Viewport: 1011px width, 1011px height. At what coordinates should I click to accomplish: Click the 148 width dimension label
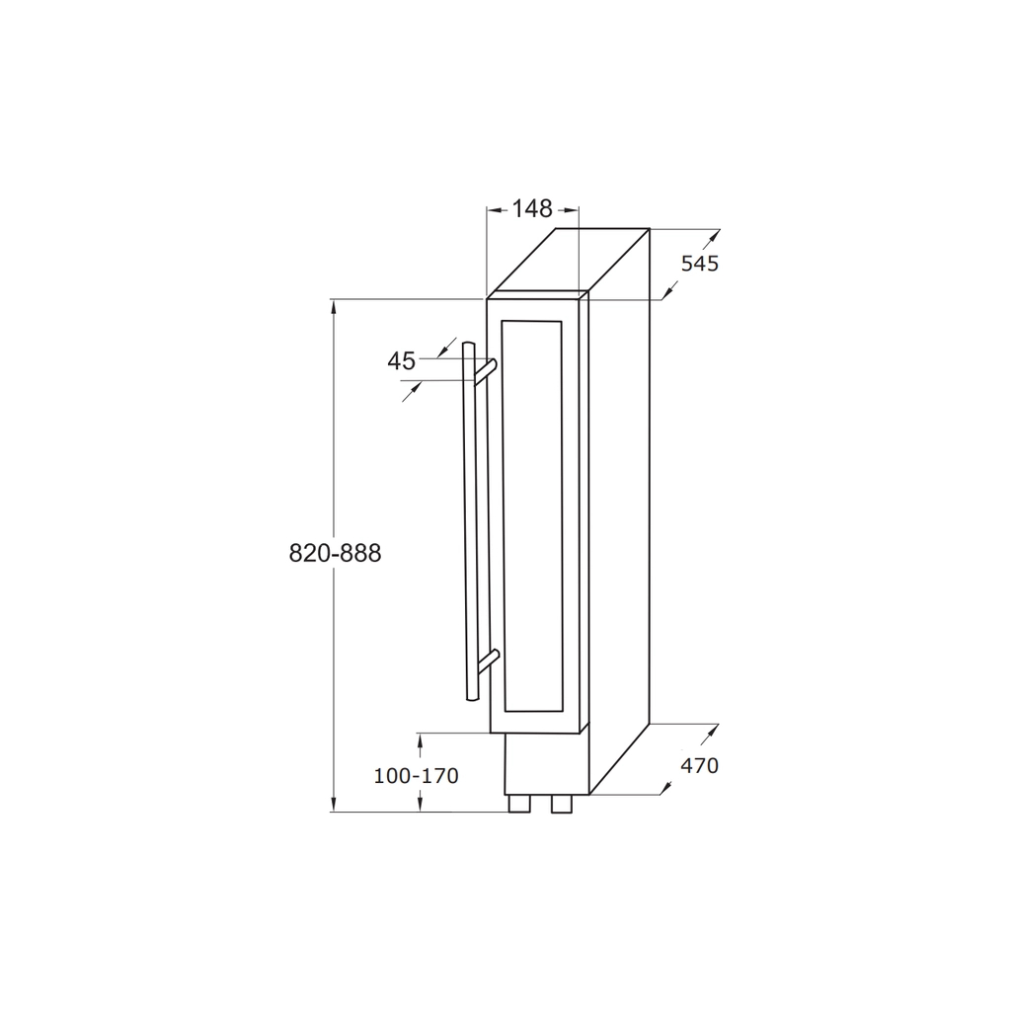(532, 209)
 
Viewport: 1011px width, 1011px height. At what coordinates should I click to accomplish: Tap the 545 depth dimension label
(700, 264)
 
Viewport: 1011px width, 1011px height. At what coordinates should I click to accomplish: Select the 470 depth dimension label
(700, 766)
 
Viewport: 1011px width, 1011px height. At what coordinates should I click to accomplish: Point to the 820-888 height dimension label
(336, 553)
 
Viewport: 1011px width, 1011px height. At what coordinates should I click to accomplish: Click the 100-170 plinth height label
(416, 776)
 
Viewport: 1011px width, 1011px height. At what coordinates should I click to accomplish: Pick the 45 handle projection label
(401, 361)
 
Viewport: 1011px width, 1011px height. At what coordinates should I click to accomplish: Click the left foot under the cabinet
(519, 804)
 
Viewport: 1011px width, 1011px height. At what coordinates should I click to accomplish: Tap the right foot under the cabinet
(562, 804)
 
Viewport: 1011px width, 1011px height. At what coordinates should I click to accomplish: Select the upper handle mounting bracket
(486, 371)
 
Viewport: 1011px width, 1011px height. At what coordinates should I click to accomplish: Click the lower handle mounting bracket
(488, 661)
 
